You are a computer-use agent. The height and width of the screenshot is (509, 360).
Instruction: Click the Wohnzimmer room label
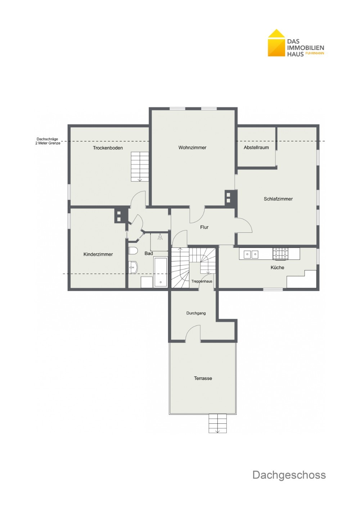(x=192, y=147)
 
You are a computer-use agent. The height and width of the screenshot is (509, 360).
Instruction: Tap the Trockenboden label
(x=108, y=148)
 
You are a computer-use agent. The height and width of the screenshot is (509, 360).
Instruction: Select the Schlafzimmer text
(x=278, y=199)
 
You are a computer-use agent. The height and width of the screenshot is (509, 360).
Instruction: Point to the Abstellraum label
(x=256, y=147)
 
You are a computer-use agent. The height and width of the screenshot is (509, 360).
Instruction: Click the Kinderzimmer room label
(x=98, y=254)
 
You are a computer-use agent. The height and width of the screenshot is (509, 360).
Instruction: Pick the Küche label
(x=277, y=268)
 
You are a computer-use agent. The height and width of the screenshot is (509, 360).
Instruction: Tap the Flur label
(x=204, y=227)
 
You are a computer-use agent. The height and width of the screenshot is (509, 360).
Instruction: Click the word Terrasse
(x=203, y=378)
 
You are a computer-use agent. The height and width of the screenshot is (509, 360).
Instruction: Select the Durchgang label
(x=196, y=313)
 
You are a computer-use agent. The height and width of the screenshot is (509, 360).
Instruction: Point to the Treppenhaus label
(x=202, y=281)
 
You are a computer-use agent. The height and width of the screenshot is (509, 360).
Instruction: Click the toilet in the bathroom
(x=133, y=251)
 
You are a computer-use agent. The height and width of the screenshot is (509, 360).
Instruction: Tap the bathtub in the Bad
(x=161, y=272)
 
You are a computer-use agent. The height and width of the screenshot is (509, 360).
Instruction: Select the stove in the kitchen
(x=280, y=254)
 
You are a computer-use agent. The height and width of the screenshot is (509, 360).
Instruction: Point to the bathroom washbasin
(x=133, y=267)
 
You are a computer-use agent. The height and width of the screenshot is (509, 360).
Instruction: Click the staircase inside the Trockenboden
(x=140, y=167)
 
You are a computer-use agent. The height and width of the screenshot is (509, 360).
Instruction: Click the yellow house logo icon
(x=276, y=43)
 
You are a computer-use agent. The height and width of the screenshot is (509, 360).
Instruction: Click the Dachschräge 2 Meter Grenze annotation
(x=48, y=141)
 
